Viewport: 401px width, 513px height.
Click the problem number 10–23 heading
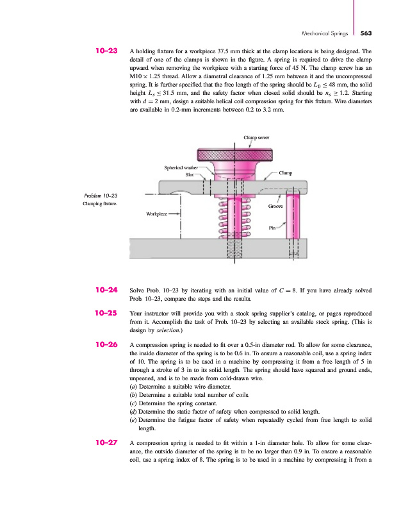pos(106,49)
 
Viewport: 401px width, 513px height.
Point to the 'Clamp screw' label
pos(256,137)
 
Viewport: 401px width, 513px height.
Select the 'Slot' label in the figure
pos(190,174)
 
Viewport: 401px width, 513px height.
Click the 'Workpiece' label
pos(157,214)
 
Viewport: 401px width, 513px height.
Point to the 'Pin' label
pos(272,227)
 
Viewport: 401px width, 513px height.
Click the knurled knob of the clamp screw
pos(233,155)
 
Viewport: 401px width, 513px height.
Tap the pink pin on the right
pos(293,218)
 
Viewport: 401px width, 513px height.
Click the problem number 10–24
pos(106,290)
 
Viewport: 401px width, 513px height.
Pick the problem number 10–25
pos(106,314)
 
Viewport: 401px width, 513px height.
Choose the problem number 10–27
pos(106,442)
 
